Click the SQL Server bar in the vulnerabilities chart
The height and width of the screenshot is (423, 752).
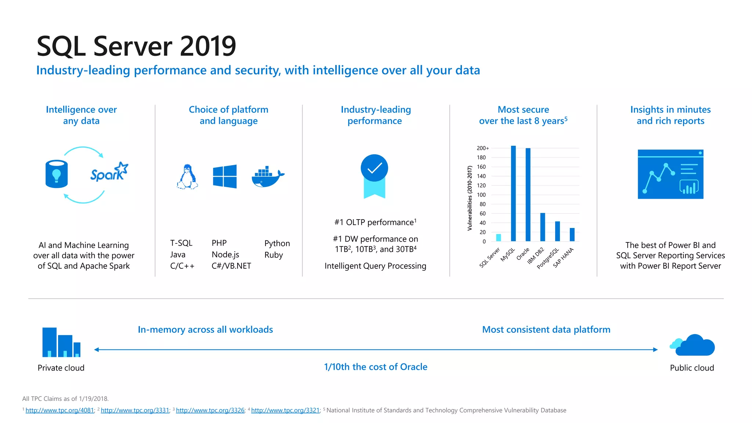pos(498,238)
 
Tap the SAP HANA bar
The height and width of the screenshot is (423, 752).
pos(572,235)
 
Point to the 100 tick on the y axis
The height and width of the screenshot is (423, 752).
pos(481,195)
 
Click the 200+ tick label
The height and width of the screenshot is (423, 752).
pos(482,148)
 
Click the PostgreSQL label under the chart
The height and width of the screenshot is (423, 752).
pos(548,258)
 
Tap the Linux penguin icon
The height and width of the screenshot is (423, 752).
pos(188,177)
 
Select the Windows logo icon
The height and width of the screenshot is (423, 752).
pos(225,177)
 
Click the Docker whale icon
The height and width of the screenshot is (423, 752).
pos(268,177)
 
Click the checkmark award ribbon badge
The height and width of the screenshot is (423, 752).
pos(375,176)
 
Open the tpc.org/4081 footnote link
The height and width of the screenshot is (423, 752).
pos(60,411)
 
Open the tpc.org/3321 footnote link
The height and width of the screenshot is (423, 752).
pos(285,411)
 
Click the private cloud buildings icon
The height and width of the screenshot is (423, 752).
pos(61,342)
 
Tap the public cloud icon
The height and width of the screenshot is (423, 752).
pos(693,346)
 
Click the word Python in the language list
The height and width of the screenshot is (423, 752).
pos(277,243)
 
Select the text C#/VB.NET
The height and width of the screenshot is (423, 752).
pos(231,266)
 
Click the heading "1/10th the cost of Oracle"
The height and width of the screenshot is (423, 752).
pos(376,367)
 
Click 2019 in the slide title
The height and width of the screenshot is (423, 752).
pos(208,46)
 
